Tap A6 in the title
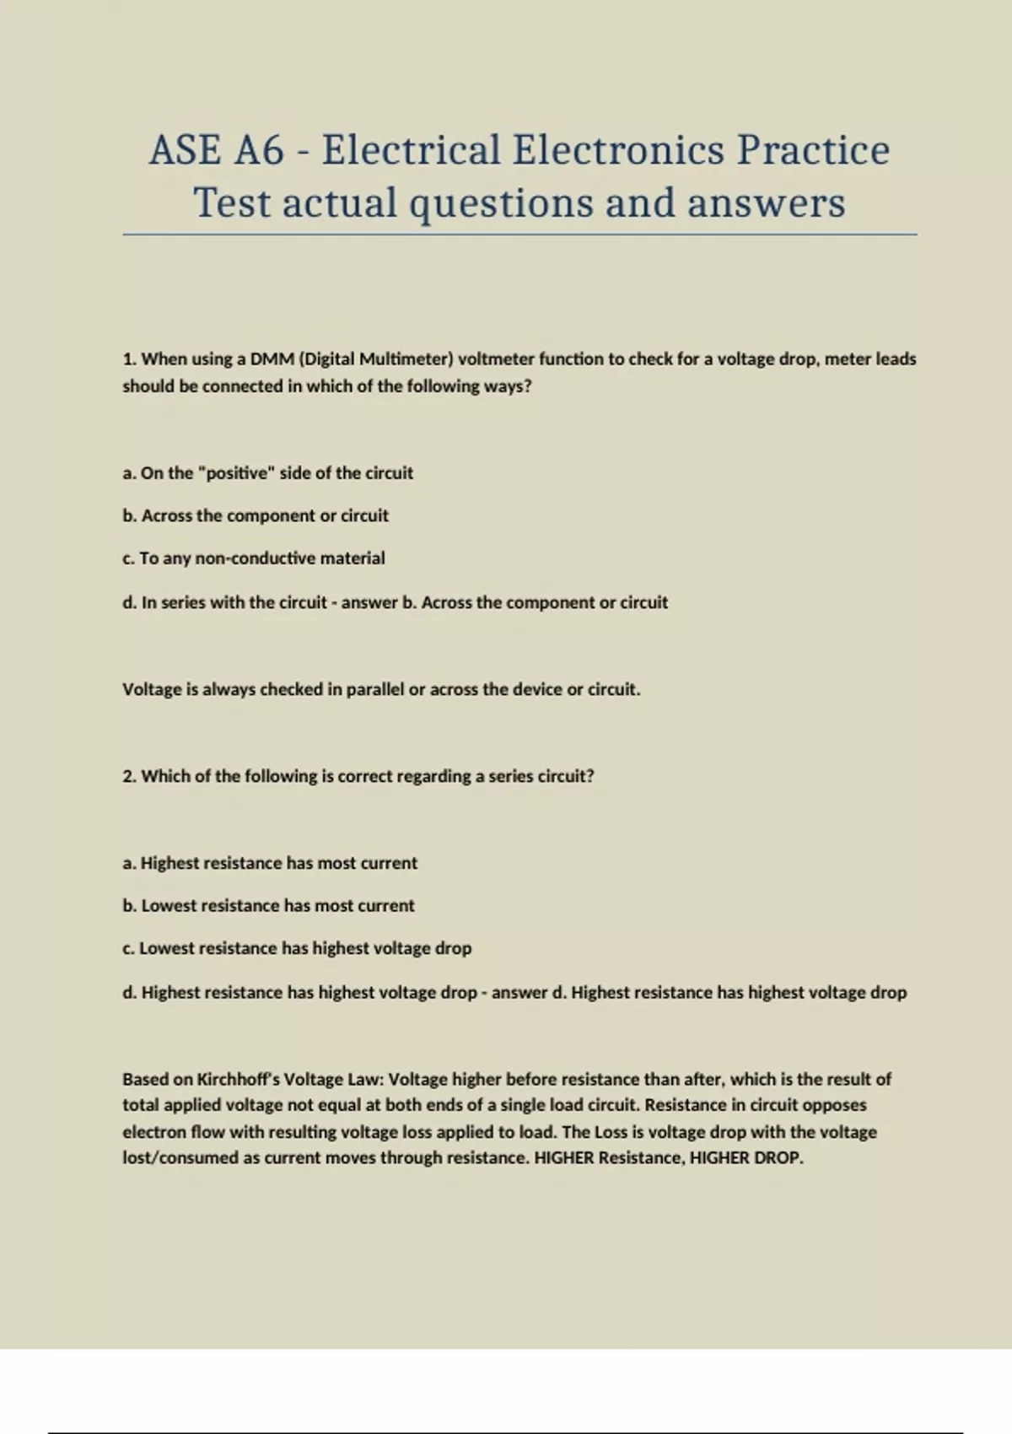(x=259, y=150)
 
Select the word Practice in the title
(x=813, y=150)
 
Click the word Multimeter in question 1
(x=406, y=359)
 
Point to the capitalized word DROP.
(x=776, y=1158)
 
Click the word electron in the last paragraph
(x=153, y=1132)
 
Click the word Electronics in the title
(x=618, y=150)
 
